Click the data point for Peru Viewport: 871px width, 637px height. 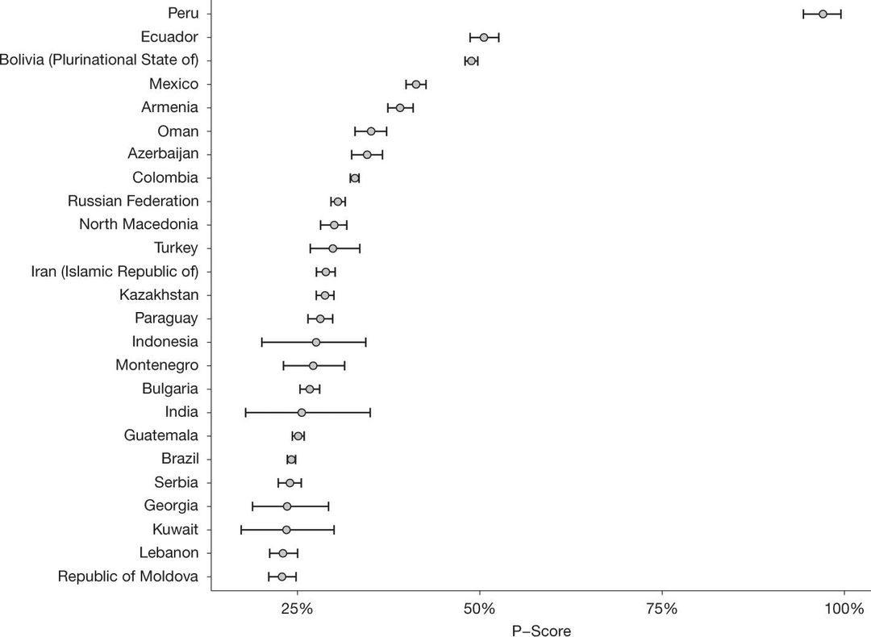(x=823, y=14)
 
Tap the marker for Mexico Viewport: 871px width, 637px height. (x=416, y=84)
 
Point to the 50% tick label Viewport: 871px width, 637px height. (x=479, y=607)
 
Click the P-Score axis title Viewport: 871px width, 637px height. (x=541, y=631)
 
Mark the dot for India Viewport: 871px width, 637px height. (x=302, y=413)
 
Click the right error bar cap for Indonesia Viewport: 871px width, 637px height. (x=365, y=343)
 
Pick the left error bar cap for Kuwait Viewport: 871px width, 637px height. (x=241, y=530)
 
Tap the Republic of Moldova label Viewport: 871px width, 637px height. (x=128, y=577)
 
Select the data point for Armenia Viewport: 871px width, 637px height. (x=400, y=107)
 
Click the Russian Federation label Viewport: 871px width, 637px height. (x=133, y=201)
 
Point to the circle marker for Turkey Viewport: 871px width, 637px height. (x=332, y=248)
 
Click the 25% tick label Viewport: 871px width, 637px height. (x=297, y=607)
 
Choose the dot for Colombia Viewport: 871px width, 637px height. (x=355, y=177)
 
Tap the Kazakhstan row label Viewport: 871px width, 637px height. (x=159, y=295)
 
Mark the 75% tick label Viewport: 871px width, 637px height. (x=662, y=607)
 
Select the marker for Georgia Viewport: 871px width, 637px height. (x=287, y=506)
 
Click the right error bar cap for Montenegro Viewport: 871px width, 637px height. (x=344, y=366)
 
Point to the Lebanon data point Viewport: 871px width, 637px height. (x=283, y=553)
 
